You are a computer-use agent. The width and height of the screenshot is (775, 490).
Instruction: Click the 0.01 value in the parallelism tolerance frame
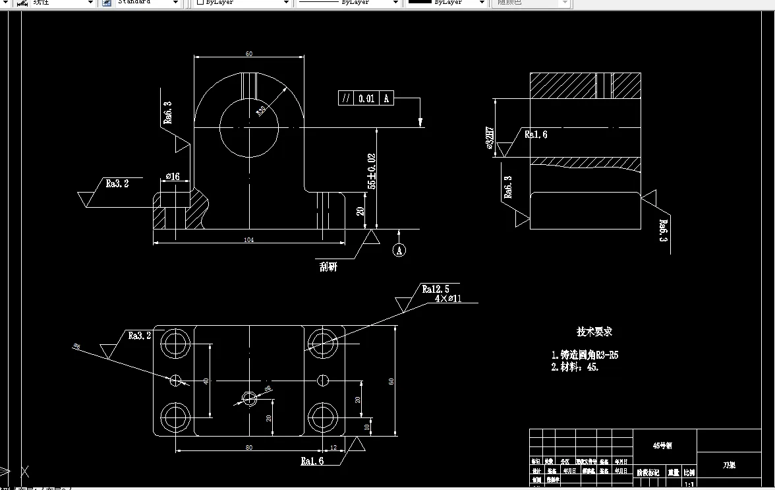(x=366, y=99)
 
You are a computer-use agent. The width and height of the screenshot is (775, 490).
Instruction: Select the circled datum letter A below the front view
(x=399, y=250)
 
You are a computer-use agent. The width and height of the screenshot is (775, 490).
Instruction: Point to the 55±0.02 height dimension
(x=372, y=171)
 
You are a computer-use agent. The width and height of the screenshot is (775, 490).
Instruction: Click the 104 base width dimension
(x=249, y=240)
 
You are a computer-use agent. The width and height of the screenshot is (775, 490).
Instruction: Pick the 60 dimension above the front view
(x=249, y=54)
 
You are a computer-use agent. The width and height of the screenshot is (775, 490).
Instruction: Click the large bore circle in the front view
(x=249, y=127)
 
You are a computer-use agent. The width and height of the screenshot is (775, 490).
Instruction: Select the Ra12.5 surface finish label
(x=436, y=289)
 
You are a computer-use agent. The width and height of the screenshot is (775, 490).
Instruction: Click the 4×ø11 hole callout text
(x=447, y=299)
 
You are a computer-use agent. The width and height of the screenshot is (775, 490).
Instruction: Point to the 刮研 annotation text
(x=328, y=267)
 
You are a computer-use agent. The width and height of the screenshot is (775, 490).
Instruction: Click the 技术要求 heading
(x=594, y=332)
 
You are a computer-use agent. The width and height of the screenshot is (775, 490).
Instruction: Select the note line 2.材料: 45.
(x=575, y=367)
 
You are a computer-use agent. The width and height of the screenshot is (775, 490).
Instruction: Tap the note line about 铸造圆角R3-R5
(x=585, y=355)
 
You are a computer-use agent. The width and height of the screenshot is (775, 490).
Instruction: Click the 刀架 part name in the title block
(x=729, y=465)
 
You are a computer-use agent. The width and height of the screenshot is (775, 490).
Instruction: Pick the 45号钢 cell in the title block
(x=664, y=446)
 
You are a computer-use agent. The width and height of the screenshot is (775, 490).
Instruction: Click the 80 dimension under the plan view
(x=249, y=448)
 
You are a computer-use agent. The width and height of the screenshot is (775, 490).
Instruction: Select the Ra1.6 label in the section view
(x=535, y=135)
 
